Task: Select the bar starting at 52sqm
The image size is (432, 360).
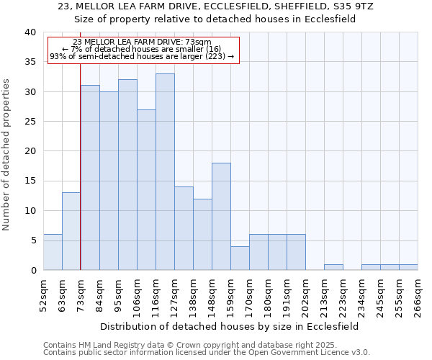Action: [53, 252]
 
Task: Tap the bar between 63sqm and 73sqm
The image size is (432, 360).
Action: [71, 231]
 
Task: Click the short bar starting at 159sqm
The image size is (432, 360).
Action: [240, 258]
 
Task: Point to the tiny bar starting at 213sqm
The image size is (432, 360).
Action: [333, 267]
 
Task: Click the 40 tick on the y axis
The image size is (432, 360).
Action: [30, 32]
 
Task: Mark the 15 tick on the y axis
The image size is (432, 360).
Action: [30, 181]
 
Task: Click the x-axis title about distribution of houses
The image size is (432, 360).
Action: [230, 326]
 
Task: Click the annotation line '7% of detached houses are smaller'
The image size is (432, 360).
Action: [142, 48]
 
